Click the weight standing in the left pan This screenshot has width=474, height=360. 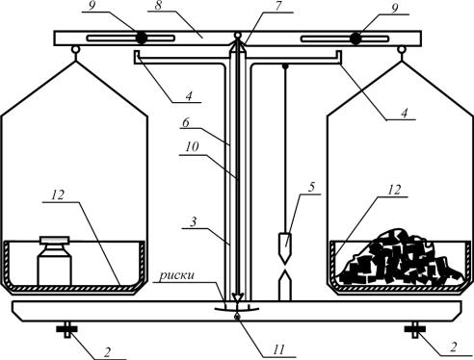[55, 261]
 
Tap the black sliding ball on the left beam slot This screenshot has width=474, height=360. [142, 39]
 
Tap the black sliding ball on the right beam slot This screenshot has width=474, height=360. [355, 39]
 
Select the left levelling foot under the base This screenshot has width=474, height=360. [67, 329]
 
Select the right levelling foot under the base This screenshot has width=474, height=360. [415, 329]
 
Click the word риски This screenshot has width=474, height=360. [177, 275]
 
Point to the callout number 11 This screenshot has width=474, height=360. [278, 349]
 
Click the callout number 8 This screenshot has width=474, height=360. [158, 6]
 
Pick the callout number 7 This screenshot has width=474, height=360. [279, 7]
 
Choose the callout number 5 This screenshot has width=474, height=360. [311, 188]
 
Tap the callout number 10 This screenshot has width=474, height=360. [192, 147]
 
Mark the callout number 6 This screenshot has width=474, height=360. [186, 122]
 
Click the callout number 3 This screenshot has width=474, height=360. [193, 222]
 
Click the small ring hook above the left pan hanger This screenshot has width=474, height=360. [76, 50]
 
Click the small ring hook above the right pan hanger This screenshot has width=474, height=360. [401, 50]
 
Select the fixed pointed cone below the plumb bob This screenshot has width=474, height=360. [285, 286]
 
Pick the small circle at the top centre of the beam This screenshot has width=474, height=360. [237, 35]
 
